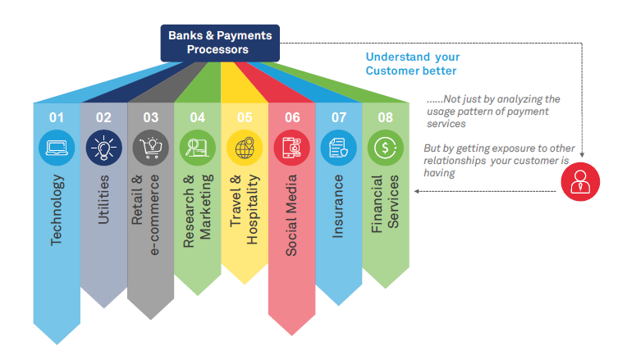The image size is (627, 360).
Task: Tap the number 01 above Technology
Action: click(x=56, y=117)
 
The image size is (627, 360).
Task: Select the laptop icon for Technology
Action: click(x=56, y=148)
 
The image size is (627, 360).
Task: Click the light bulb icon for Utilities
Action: click(x=103, y=148)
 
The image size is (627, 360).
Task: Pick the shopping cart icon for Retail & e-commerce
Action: click(x=150, y=148)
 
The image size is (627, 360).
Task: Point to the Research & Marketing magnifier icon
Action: click(x=198, y=148)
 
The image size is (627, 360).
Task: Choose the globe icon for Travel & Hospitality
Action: click(x=245, y=148)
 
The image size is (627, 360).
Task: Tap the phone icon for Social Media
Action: click(x=292, y=148)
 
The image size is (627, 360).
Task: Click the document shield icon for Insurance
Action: click(x=339, y=148)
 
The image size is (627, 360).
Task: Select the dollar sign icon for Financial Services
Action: click(x=386, y=148)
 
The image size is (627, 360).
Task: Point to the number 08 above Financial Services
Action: click(x=386, y=117)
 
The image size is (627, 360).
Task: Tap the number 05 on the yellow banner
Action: click(x=245, y=117)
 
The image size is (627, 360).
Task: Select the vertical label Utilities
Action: click(x=103, y=201)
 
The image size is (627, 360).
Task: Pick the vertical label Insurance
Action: click(x=339, y=205)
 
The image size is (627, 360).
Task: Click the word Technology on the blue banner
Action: click(x=56, y=210)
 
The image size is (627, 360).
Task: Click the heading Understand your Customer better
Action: click(x=412, y=64)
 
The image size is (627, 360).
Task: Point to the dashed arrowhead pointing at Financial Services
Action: click(x=417, y=191)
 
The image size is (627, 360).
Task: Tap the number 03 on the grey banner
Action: click(x=150, y=117)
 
